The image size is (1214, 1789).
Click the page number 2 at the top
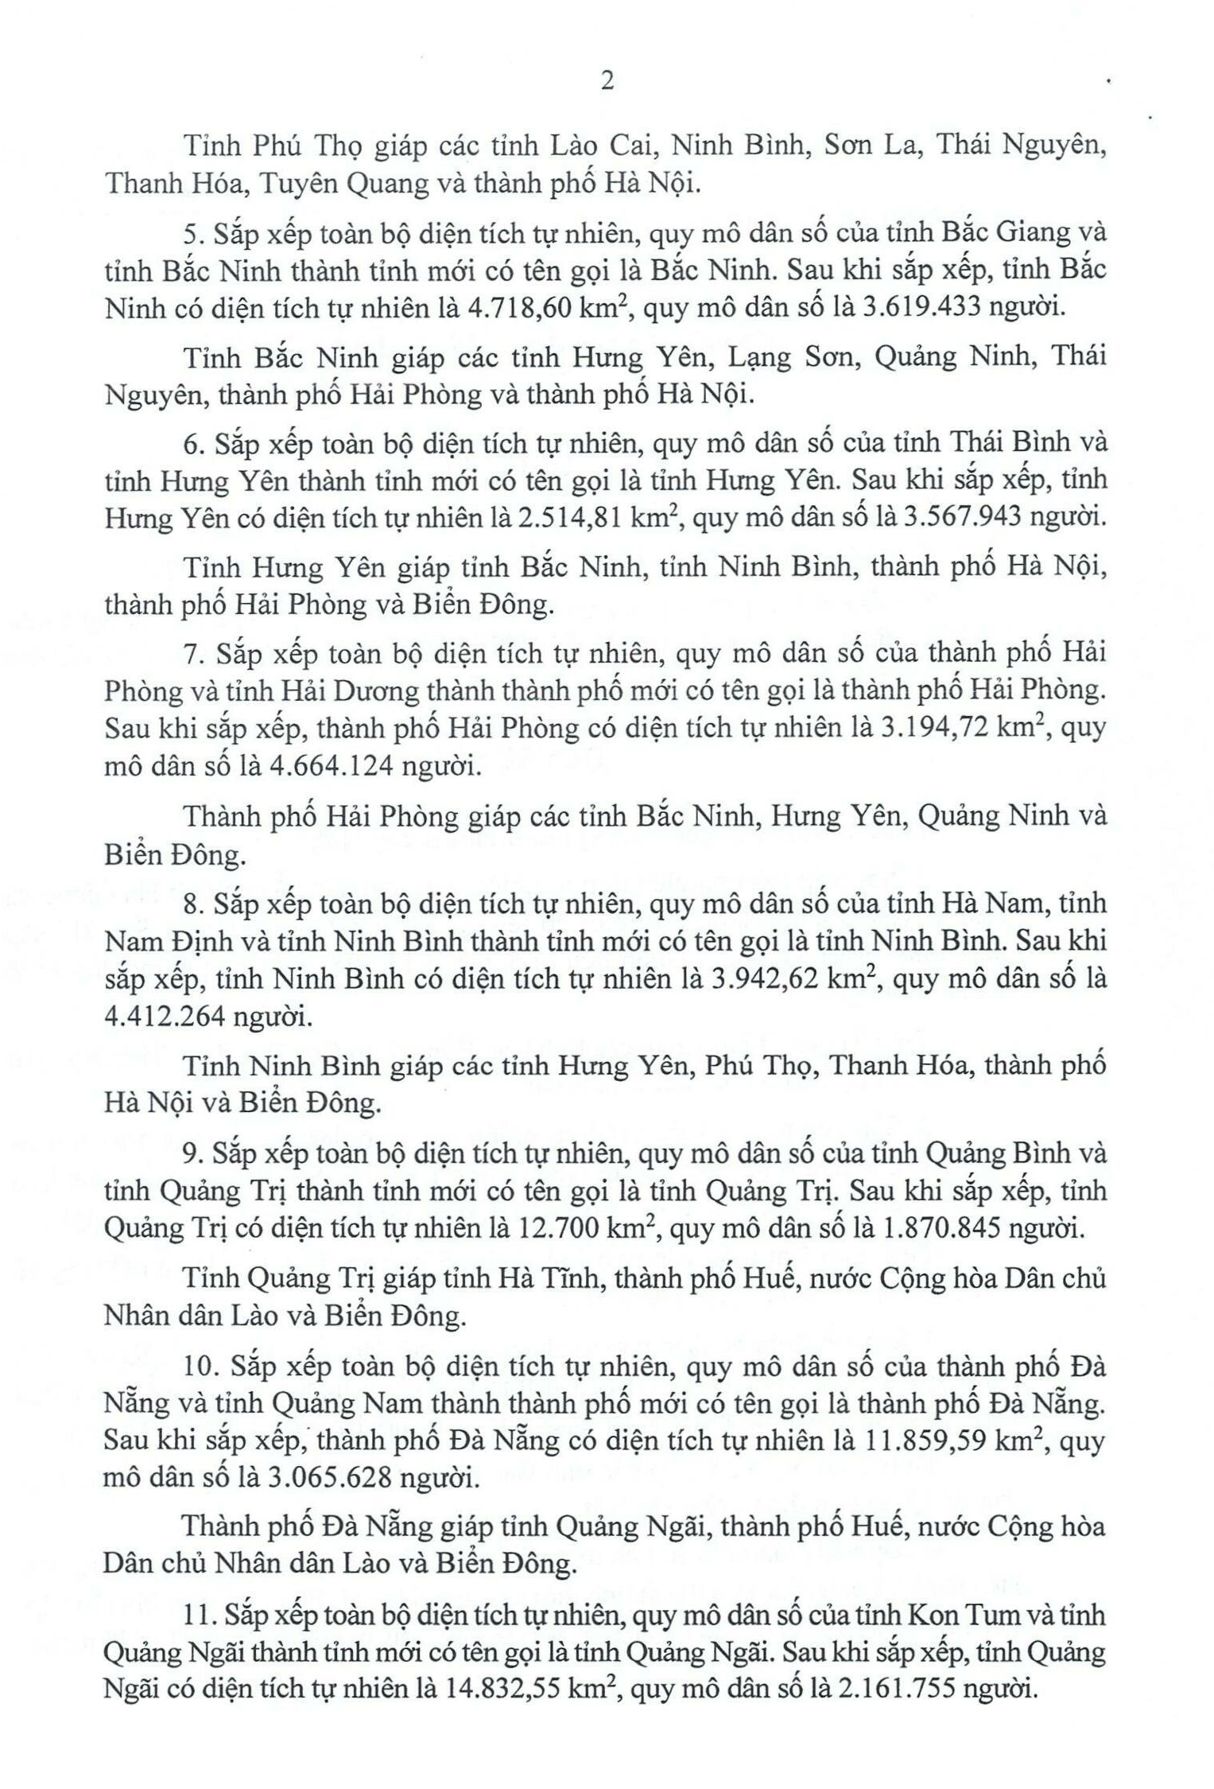point(607,82)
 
